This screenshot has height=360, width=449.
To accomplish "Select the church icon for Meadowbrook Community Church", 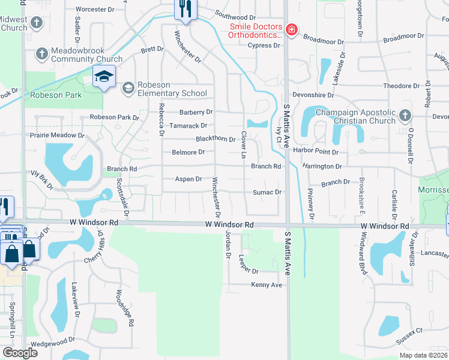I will pos(42,53).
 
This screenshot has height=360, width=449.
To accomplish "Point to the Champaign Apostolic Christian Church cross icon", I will pos(405,115).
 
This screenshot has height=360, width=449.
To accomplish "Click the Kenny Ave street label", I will pos(267,285).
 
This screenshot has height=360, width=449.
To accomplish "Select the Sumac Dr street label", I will pos(267,192).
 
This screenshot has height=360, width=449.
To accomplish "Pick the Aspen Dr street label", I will pos(188,179).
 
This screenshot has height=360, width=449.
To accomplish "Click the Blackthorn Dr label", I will pos(215,139).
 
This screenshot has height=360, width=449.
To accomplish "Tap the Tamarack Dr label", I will pos(187,125).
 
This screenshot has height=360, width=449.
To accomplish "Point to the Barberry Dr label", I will pos(196,112).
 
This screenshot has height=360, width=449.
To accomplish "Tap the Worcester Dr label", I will pos(95,10).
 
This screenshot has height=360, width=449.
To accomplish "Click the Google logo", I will pos(20,353).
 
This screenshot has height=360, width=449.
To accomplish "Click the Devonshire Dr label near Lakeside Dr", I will pos(313,95).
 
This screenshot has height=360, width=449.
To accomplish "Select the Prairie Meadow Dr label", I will pos(58,135).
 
